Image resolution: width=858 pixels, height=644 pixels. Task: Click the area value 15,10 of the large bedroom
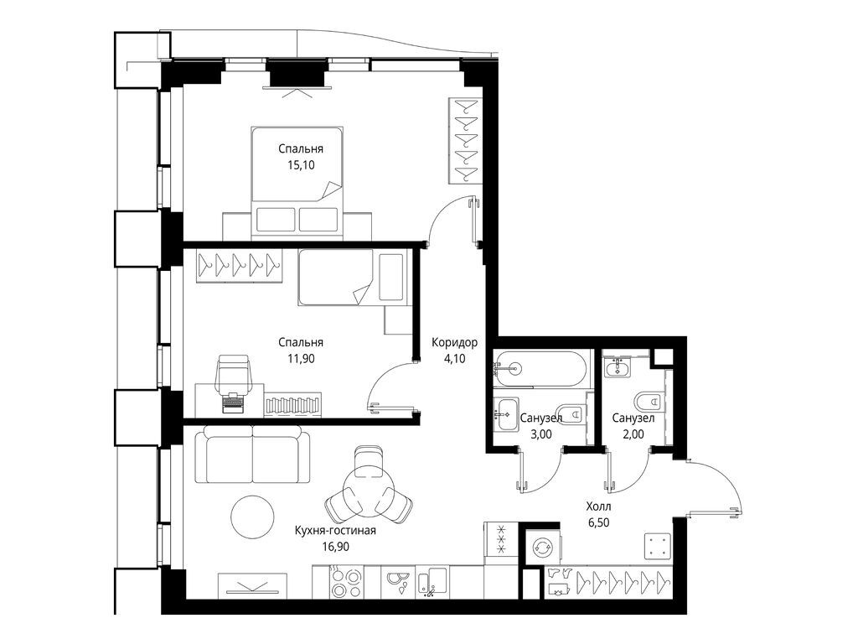301,165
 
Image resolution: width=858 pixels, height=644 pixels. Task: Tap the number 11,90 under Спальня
301,358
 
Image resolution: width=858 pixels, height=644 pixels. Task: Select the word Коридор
454,342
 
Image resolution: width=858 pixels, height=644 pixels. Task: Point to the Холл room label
598,506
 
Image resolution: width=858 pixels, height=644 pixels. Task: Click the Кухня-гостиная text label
334,530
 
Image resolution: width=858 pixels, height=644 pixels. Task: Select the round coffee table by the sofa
252,517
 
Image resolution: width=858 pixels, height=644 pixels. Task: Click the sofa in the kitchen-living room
251,455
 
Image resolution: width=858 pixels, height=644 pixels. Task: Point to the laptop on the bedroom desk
232,403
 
